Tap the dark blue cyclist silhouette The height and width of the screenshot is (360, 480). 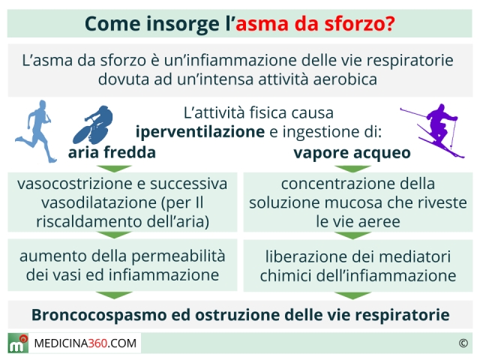point(93,125)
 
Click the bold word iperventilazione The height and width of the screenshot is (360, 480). point(200,132)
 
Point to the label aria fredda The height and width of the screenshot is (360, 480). point(112,152)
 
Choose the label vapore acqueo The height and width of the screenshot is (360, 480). point(352,153)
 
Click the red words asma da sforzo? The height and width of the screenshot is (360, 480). point(315,23)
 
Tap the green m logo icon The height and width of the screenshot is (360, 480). point(18,343)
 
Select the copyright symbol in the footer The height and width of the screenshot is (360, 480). point(463,343)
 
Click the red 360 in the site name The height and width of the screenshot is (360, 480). point(97,343)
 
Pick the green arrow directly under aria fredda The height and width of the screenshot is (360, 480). point(114,169)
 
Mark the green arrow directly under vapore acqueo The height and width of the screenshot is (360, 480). point(352,169)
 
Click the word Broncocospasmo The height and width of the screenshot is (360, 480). point(99,315)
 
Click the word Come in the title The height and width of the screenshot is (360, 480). point(113,23)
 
